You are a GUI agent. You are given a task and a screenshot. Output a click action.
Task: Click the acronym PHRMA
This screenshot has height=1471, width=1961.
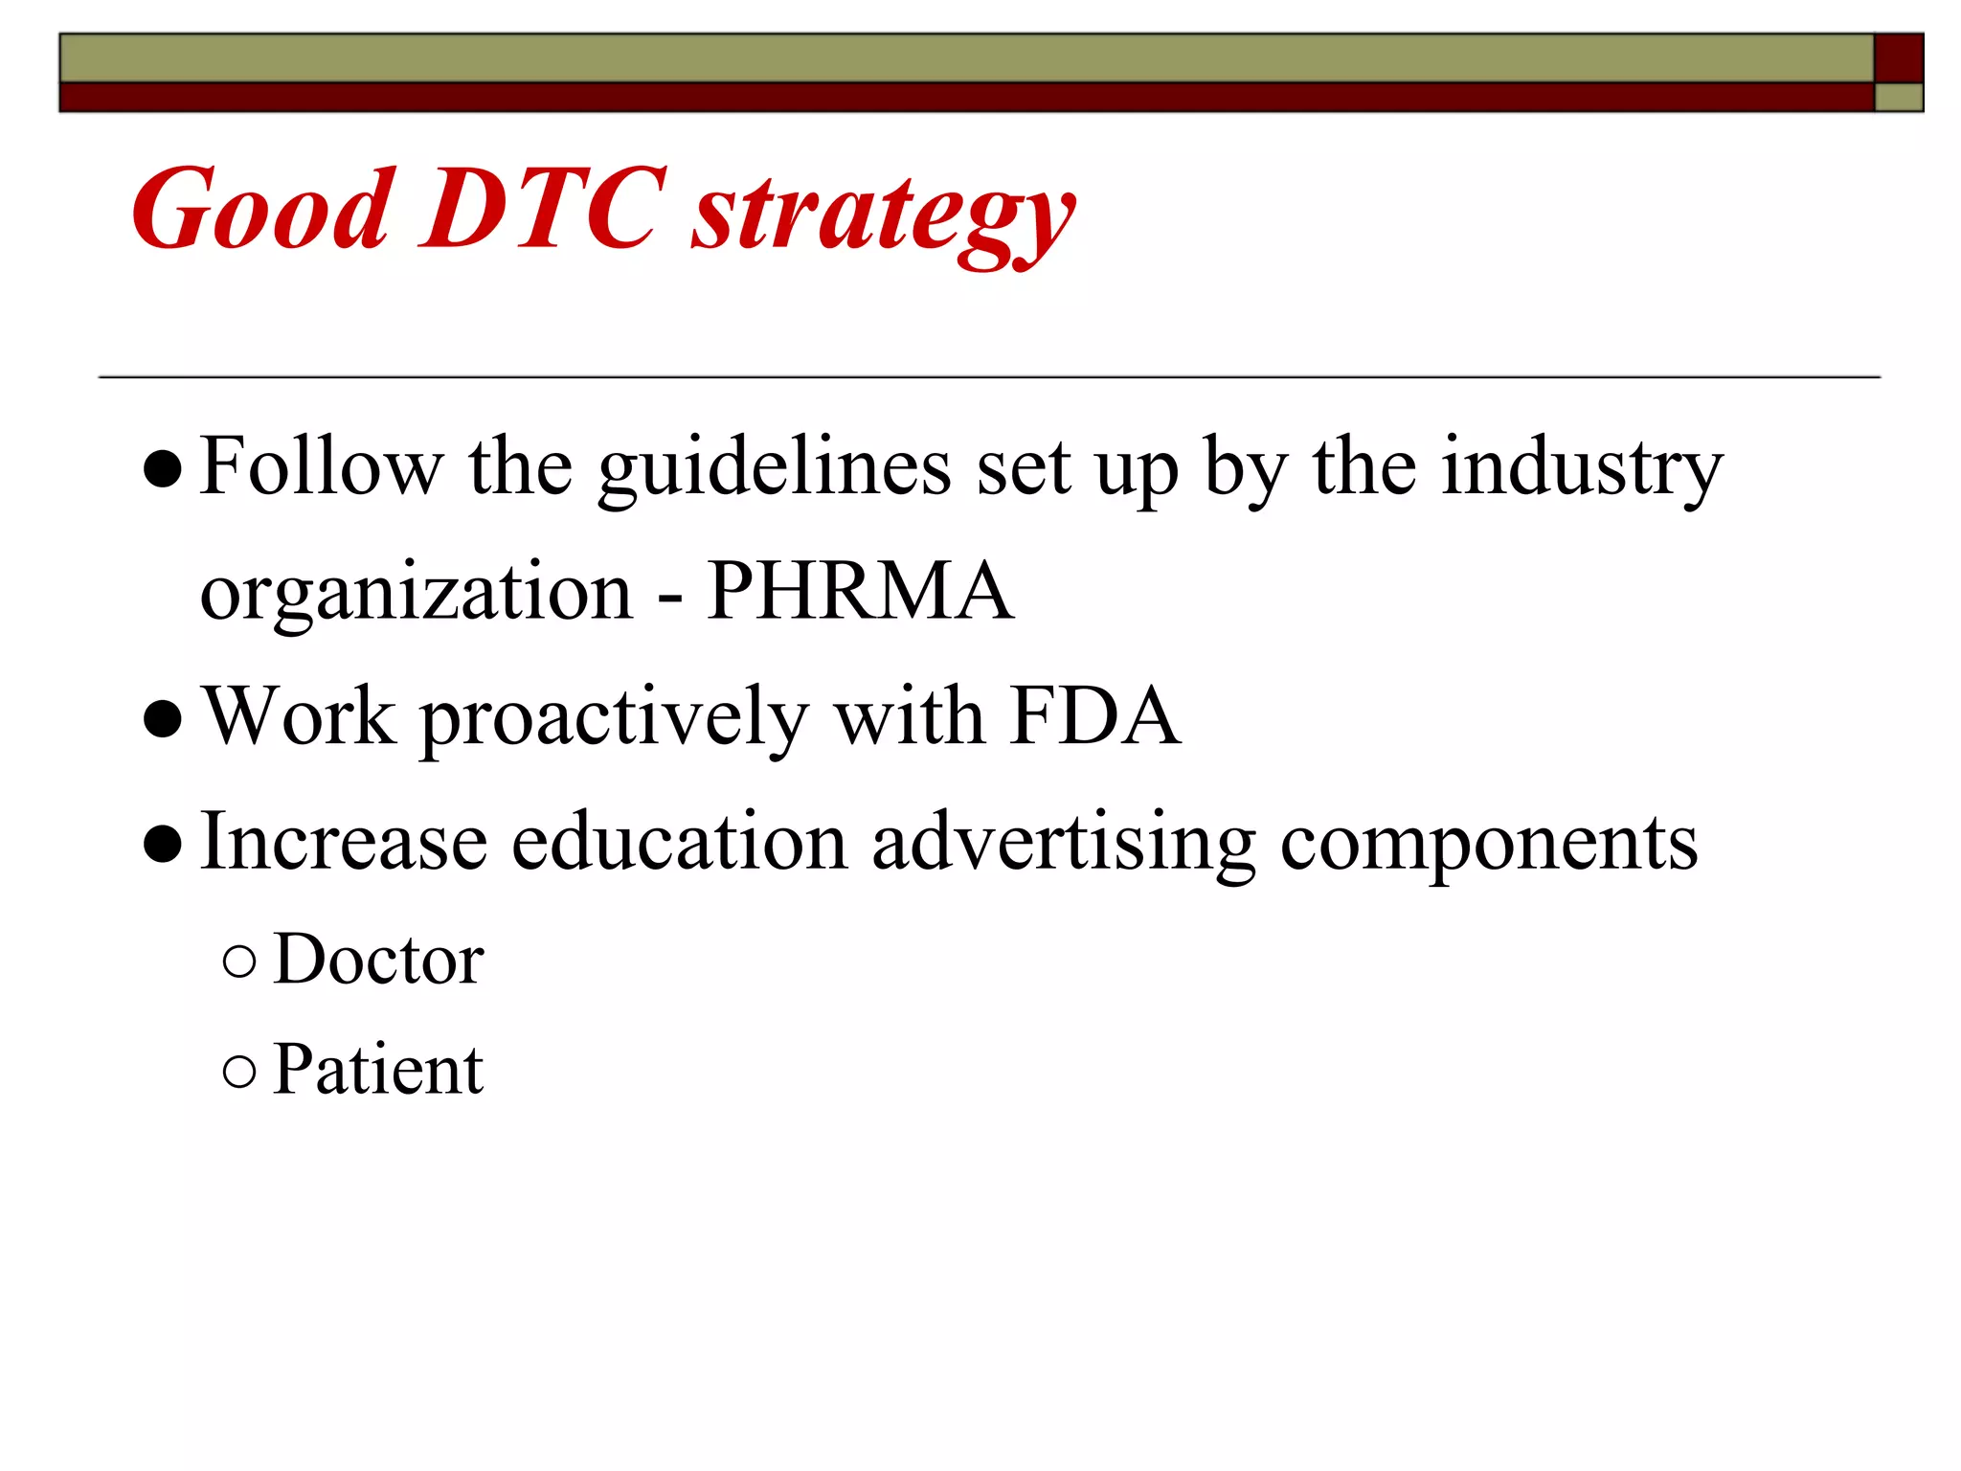pyautogui.click(x=859, y=591)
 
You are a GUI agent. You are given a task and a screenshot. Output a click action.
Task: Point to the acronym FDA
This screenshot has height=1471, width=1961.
pyautogui.click(x=1094, y=715)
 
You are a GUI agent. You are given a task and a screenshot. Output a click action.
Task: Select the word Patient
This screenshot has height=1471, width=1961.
pyautogui.click(x=378, y=1069)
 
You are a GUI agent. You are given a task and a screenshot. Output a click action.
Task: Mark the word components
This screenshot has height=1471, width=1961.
pyautogui.click(x=1489, y=843)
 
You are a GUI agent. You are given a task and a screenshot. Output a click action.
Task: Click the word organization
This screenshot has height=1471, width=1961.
pyautogui.click(x=417, y=594)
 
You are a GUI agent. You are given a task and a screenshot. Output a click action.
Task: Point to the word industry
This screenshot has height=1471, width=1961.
pyautogui.click(x=1582, y=467)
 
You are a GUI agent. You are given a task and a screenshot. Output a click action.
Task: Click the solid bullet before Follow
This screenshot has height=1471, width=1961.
pyautogui.click(x=162, y=469)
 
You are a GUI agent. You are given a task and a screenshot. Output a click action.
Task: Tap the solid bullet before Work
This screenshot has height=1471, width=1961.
pyautogui.click(x=162, y=719)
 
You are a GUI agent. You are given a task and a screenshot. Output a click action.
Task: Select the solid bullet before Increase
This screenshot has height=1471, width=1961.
pyautogui.click(x=162, y=844)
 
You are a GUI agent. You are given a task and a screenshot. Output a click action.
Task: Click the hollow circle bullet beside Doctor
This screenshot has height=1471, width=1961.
pyautogui.click(x=239, y=961)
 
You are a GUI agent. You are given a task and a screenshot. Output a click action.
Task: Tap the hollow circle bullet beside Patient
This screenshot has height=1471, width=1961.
pyautogui.click(x=239, y=1071)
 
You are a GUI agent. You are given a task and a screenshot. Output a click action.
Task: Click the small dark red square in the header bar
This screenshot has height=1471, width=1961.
pyautogui.click(x=1898, y=57)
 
